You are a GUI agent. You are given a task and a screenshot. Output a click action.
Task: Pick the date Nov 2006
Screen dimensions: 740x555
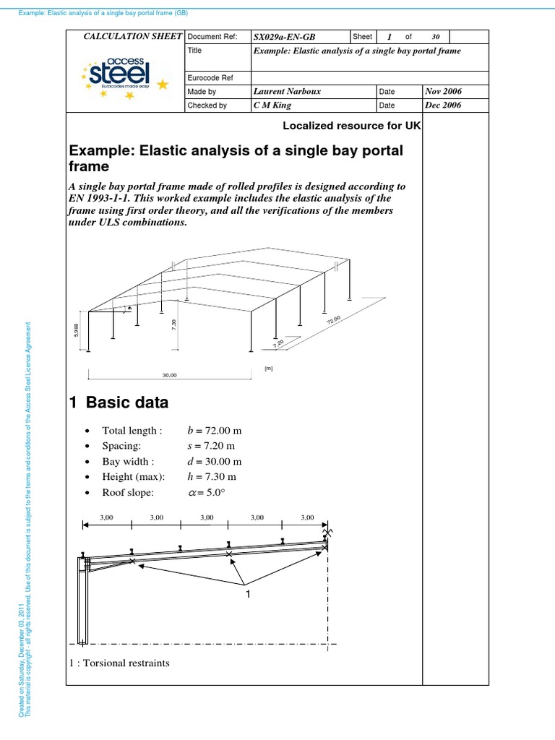pos(444,92)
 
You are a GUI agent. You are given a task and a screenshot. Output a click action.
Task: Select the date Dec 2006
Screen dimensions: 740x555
pos(444,105)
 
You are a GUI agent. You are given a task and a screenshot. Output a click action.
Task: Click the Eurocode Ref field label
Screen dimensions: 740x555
pos(209,78)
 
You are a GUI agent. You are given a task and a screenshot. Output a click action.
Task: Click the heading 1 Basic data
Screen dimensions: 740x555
pos(119,403)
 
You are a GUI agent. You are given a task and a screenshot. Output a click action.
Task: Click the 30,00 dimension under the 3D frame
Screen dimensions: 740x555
pos(169,375)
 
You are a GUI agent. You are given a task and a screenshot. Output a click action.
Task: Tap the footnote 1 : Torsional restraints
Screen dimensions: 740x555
pos(119,662)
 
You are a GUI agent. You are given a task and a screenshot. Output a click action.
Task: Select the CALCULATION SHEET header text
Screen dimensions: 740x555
pos(134,36)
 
